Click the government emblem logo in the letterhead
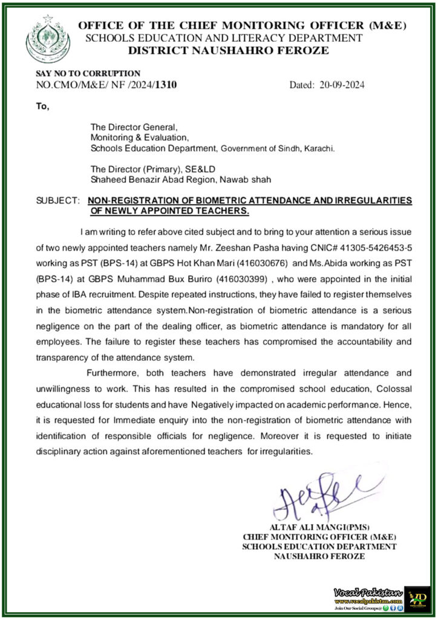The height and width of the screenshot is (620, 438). click(48, 38)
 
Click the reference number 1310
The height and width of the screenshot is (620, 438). click(166, 85)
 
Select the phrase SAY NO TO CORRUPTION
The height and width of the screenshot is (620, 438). click(88, 73)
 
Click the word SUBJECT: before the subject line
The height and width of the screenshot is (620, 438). click(57, 200)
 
